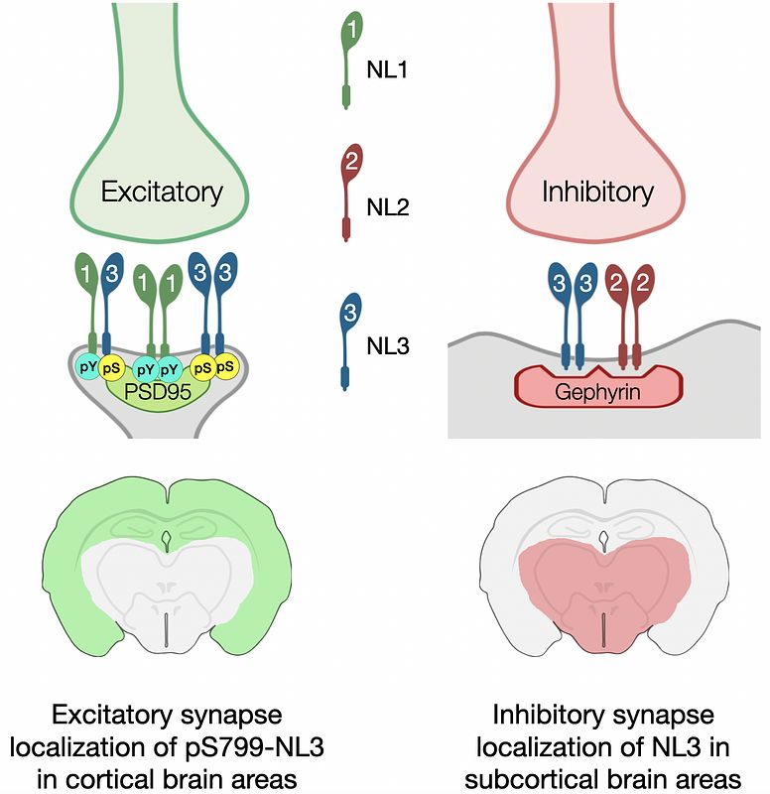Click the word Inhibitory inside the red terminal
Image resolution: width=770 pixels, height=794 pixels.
pyautogui.click(x=597, y=191)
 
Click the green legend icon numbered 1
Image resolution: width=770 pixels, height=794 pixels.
pyautogui.click(x=350, y=31)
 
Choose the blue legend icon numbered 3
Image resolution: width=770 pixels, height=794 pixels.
pyautogui.click(x=350, y=311)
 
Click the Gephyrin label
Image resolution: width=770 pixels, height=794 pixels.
pyautogui.click(x=598, y=392)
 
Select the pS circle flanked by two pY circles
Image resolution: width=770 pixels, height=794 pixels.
pyautogui.click(x=113, y=366)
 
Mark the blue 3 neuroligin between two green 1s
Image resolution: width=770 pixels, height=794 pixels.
pyautogui.click(x=113, y=274)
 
